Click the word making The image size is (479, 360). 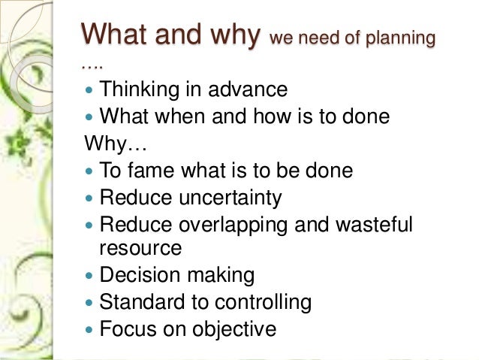click(x=221, y=275)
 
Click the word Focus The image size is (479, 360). click(x=128, y=328)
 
